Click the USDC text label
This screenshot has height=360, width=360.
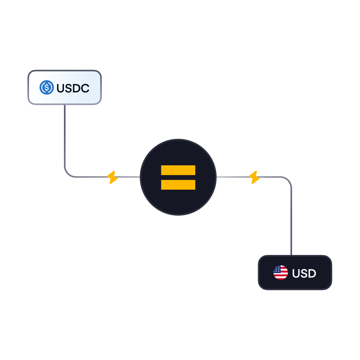point(73,88)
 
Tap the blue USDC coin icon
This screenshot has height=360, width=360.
point(47,88)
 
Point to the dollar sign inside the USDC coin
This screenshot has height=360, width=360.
point(47,88)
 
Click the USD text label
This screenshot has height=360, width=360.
point(304,273)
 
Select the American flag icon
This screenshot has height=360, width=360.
point(281,273)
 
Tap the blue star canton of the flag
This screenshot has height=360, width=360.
point(277,269)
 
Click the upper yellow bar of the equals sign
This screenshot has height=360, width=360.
point(178,170)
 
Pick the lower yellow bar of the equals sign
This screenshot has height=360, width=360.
point(178,185)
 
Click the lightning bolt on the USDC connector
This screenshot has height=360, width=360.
point(112,177)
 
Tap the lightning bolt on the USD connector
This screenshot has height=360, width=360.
point(254,177)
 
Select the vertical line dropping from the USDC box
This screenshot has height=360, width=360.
point(65,133)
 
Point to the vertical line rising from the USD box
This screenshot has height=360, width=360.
point(291,220)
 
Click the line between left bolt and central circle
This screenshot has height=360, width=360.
point(128,177)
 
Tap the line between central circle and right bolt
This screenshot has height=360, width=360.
point(233,177)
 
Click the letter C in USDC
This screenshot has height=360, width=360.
point(85,88)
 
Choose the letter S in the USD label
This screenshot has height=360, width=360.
point(304,273)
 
